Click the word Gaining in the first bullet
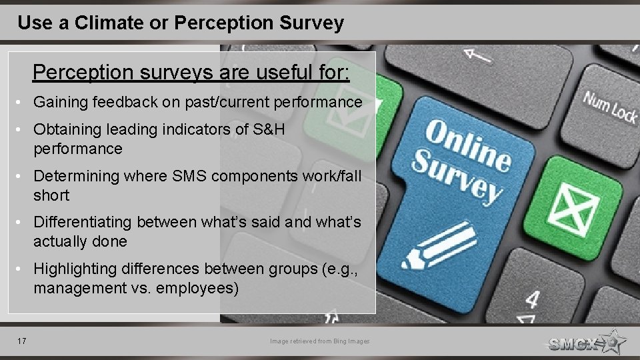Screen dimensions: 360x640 61,103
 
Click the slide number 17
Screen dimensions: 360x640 22,341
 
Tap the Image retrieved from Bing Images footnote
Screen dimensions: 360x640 319,341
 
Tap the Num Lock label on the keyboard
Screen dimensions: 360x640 610,107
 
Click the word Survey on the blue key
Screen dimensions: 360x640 457,177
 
